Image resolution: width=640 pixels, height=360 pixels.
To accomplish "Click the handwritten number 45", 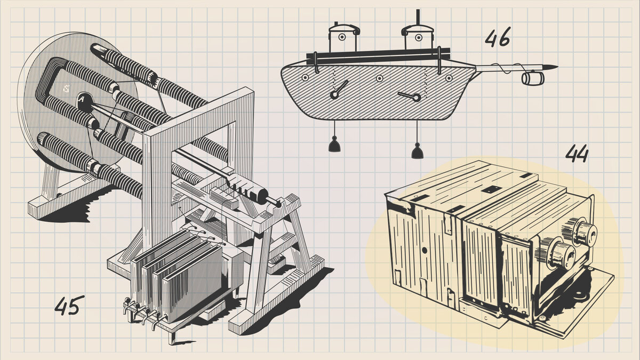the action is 69,305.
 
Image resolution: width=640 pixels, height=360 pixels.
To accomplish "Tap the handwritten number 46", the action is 498,37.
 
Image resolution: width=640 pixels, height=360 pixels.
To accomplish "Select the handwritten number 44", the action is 577,154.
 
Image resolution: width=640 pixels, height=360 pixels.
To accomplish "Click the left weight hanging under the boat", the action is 334,144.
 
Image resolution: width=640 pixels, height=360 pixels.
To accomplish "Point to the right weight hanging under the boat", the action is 417,150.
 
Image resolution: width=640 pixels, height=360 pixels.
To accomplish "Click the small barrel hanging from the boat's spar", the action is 533,78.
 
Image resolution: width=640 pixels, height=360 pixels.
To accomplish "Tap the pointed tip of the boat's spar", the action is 557,67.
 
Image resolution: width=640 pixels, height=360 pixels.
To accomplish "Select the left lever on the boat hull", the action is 339,90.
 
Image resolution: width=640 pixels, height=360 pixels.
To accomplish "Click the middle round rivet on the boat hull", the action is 379,78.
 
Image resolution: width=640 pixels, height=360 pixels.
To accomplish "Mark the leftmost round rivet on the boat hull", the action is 305,77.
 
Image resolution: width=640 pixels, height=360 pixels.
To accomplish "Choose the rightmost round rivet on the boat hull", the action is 449,78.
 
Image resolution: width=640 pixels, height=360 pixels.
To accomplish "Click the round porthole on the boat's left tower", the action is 342,37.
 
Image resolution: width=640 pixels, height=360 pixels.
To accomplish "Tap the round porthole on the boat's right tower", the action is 419,37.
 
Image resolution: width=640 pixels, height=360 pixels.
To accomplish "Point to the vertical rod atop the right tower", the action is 418,17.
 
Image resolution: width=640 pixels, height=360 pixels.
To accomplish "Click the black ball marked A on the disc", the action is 85,102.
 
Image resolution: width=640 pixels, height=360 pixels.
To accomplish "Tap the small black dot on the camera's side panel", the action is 425,251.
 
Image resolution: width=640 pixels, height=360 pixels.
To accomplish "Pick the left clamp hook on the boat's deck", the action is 316,63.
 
